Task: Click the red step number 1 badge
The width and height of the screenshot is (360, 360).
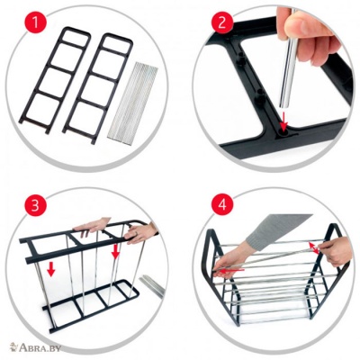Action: (x=35, y=23)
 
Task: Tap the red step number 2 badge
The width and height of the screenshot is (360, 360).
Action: (x=222, y=22)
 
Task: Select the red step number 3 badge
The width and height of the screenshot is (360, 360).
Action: (x=35, y=206)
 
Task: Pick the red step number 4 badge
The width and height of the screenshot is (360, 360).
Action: (x=222, y=206)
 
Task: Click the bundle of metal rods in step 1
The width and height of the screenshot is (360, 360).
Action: (x=133, y=103)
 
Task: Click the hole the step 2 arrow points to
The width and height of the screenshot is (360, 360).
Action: (x=283, y=132)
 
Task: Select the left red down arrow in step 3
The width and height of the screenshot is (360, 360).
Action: (x=51, y=269)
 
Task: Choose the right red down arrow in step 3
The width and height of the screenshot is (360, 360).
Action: (x=115, y=251)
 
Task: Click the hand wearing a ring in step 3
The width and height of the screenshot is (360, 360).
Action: (x=140, y=233)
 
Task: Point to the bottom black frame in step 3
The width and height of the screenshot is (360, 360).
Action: (x=91, y=305)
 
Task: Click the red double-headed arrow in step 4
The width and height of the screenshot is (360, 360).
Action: (x=314, y=249)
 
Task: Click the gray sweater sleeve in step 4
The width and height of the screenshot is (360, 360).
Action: (x=275, y=232)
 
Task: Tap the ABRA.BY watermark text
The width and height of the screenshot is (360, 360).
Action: (x=40, y=348)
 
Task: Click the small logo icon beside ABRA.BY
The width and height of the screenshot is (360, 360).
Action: (x=13, y=347)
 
